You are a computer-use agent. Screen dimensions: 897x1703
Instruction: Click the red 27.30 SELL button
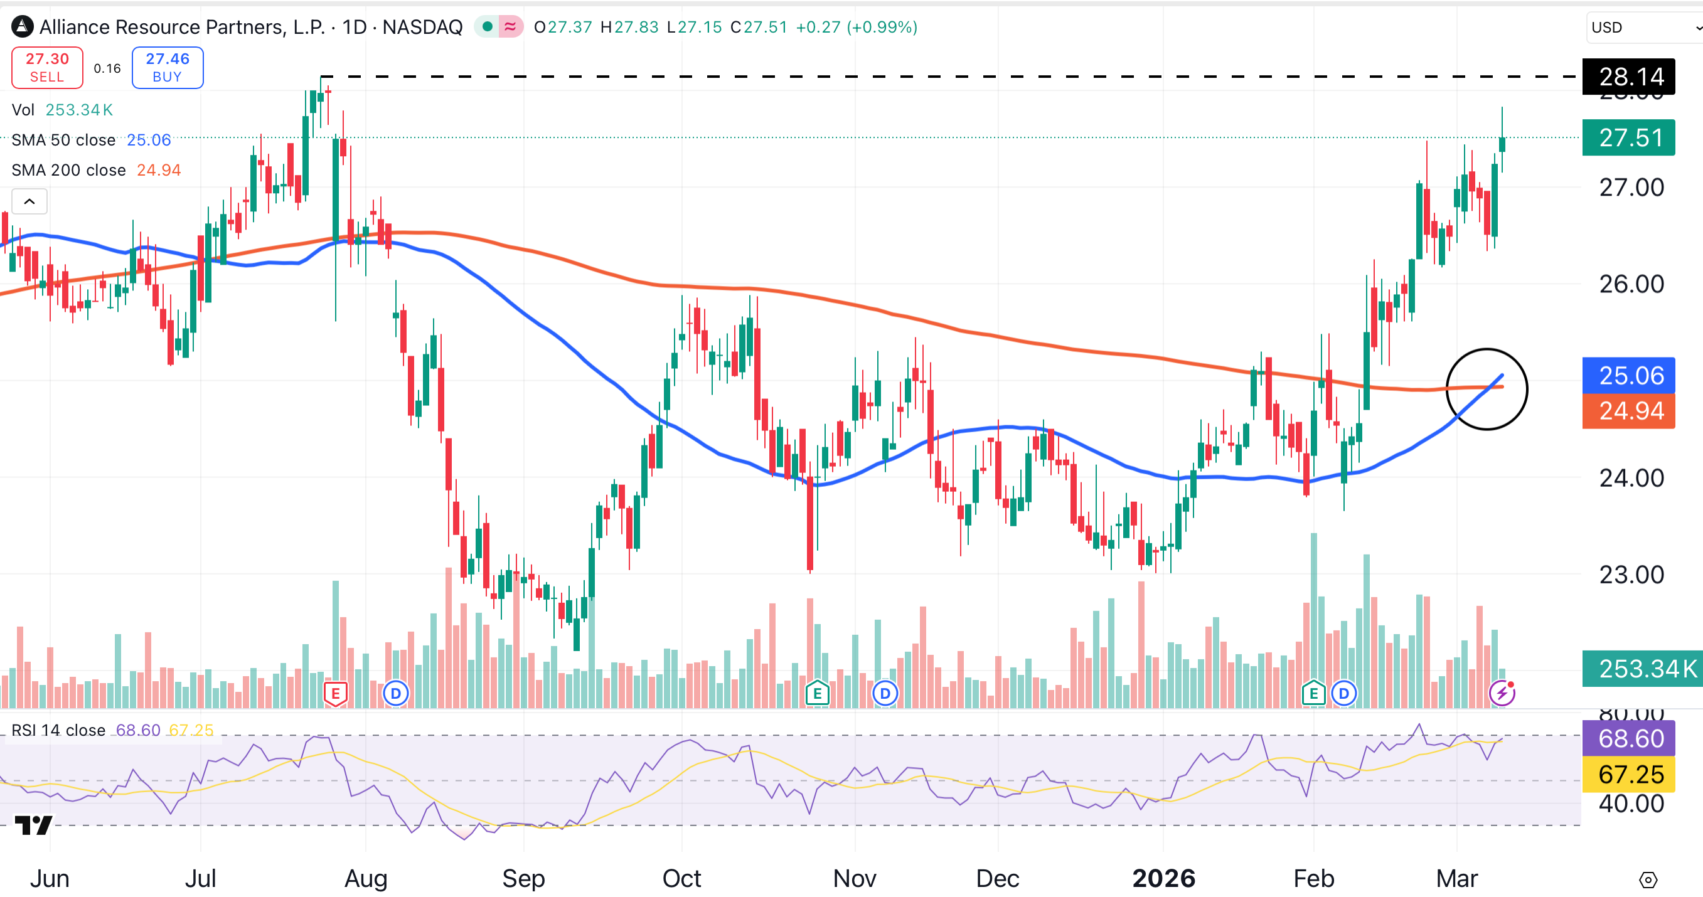tap(47, 67)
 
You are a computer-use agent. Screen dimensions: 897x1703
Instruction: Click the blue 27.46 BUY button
tap(168, 67)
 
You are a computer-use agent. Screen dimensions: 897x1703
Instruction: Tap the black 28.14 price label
tap(1628, 77)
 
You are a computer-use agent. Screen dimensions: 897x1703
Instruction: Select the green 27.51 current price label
tap(1628, 137)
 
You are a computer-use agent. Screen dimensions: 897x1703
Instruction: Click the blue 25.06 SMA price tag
tap(1628, 376)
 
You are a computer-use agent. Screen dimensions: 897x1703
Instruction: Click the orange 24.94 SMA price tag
tap(1628, 411)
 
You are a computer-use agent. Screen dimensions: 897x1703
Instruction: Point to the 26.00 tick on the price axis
tap(1631, 284)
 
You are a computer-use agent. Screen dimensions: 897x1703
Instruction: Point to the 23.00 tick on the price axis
tap(1631, 575)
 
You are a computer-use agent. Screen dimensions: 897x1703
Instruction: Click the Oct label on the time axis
tap(681, 878)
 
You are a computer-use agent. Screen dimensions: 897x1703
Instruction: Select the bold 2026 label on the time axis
tap(1163, 878)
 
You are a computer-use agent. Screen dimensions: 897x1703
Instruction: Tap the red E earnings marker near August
tap(335, 693)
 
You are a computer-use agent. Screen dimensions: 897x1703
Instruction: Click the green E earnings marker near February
tap(1313, 693)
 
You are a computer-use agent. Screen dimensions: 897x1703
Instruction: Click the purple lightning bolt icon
tap(1502, 693)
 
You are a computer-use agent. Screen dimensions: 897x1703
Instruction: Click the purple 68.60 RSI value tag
tap(1628, 738)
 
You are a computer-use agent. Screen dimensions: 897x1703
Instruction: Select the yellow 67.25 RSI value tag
tap(1628, 774)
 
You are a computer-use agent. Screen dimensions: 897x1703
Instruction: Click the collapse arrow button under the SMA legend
tap(29, 201)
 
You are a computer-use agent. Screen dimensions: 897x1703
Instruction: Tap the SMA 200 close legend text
tap(69, 170)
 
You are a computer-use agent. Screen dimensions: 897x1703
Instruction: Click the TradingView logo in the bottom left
tap(33, 825)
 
